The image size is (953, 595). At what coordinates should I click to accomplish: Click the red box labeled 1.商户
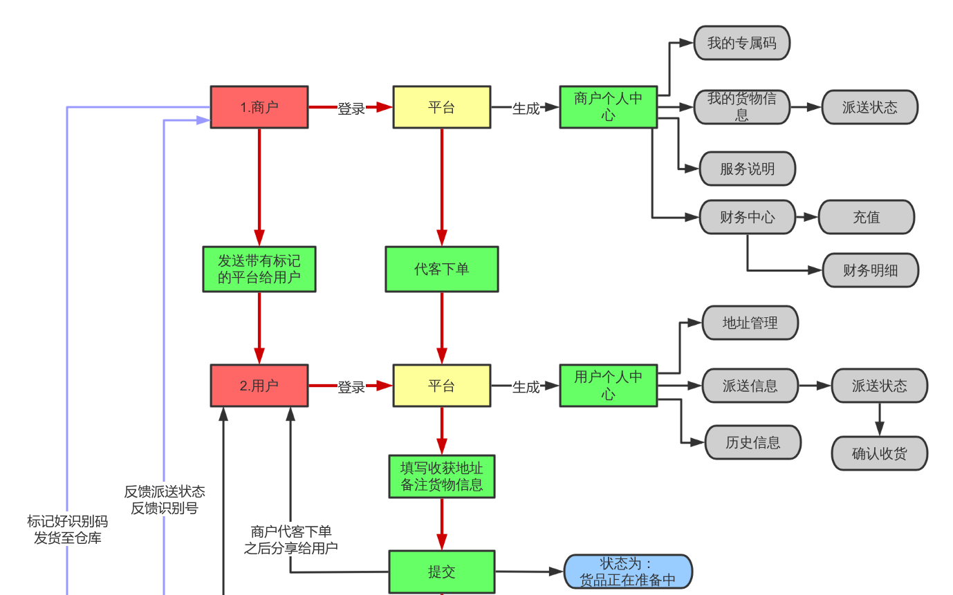click(259, 107)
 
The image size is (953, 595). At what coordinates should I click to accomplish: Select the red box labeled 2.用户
click(259, 386)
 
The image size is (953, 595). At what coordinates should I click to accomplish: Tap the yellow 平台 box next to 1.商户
click(441, 107)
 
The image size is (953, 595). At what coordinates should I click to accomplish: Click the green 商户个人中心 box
click(608, 107)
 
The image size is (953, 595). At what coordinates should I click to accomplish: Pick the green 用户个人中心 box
click(608, 386)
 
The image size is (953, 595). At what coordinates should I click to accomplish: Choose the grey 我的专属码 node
click(741, 43)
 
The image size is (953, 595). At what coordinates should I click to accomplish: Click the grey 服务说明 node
click(747, 169)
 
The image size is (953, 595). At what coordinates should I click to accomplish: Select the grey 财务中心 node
click(747, 218)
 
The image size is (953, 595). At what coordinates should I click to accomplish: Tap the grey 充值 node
click(866, 218)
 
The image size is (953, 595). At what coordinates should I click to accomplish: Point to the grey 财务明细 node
click(870, 270)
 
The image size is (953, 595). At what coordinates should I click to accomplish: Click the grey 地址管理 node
click(750, 323)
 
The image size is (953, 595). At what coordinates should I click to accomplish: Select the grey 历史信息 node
click(752, 442)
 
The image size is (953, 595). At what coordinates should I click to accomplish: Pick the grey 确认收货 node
click(879, 453)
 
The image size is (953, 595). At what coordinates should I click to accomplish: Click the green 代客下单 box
click(441, 269)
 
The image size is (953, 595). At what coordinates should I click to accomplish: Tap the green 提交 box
click(441, 572)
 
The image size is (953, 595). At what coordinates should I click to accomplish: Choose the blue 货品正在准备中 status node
click(627, 572)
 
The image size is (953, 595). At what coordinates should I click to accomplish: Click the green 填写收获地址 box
click(441, 476)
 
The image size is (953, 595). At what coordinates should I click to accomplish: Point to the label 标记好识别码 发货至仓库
click(67, 529)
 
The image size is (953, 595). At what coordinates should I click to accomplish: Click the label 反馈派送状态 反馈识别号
click(165, 500)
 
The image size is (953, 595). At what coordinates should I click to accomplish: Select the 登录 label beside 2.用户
click(351, 387)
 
